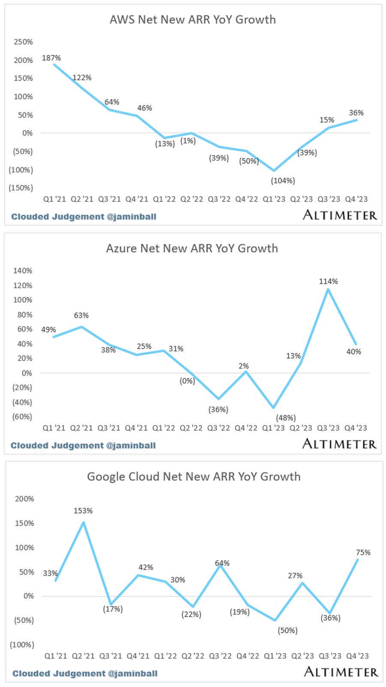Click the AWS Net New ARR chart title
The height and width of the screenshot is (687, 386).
tap(193, 20)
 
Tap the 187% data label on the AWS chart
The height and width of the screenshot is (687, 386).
tap(51, 58)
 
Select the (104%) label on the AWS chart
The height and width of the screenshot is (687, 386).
tap(283, 181)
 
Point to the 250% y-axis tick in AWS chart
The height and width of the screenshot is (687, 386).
tap(23, 42)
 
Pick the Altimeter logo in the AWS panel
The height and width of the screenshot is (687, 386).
tap(340, 215)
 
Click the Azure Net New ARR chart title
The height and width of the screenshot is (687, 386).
tap(192, 249)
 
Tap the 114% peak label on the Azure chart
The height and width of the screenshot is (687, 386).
tap(328, 282)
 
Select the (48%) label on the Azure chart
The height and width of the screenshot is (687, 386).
tap(286, 418)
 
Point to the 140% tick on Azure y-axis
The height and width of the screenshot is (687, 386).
tap(23, 271)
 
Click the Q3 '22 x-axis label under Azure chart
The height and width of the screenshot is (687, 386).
tap(218, 428)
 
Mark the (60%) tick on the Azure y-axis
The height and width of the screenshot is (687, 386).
tap(22, 417)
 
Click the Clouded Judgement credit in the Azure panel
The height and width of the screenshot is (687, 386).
tap(83, 446)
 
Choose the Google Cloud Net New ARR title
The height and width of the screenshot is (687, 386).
tap(194, 477)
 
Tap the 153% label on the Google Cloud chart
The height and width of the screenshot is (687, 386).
tap(83, 511)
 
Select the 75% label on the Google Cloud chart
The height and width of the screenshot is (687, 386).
tap(363, 553)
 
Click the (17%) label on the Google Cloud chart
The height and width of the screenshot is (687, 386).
tap(113, 609)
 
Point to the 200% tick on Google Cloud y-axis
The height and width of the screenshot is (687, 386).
tap(24, 499)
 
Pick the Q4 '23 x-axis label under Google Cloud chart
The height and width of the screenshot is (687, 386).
tap(357, 656)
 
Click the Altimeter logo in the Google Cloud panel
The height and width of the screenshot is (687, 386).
tap(341, 672)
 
